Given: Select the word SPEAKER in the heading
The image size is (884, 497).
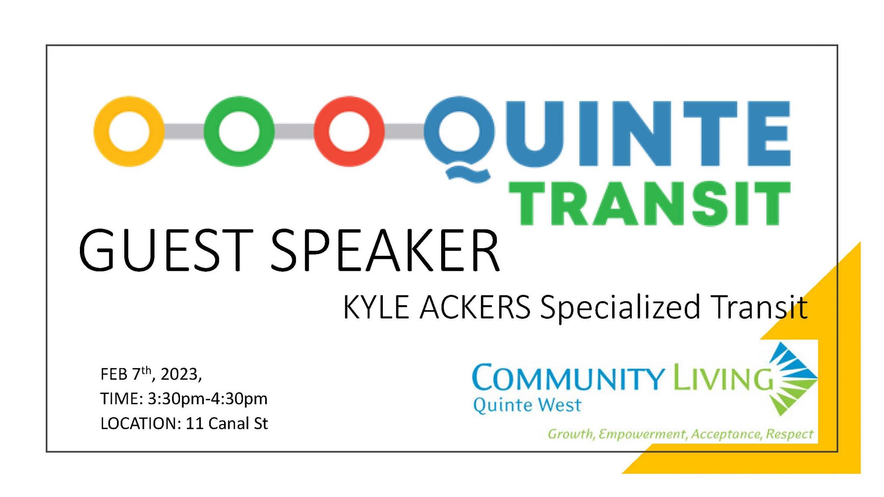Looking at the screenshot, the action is pyautogui.click(x=385, y=250).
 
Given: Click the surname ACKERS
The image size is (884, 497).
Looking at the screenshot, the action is pyautogui.click(x=475, y=308).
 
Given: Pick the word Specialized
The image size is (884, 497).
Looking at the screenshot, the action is pyautogui.click(x=620, y=308).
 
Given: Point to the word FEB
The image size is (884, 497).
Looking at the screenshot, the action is pyautogui.click(x=114, y=374).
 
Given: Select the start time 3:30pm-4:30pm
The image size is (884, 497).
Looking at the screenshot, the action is pyautogui.click(x=208, y=399).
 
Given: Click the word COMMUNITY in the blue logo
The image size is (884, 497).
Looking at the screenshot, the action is pyautogui.click(x=568, y=378).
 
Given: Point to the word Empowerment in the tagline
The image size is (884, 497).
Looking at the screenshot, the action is pyautogui.click(x=642, y=434).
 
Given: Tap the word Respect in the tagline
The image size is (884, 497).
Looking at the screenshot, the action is pyautogui.click(x=789, y=434).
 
